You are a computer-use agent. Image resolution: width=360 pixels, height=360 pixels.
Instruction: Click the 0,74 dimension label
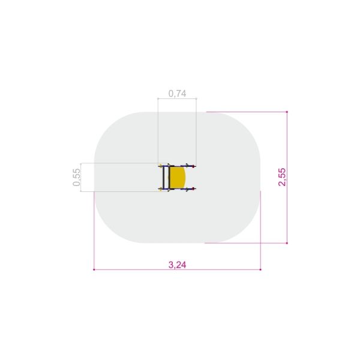177,94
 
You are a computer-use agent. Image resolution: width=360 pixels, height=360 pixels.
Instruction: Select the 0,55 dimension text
76,177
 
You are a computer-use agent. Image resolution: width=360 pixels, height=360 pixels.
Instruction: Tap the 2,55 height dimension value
282,177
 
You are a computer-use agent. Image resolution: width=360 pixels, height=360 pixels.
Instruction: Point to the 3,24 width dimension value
177,265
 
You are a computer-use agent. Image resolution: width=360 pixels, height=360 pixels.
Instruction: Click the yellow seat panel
177,177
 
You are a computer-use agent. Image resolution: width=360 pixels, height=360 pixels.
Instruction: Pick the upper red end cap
194,166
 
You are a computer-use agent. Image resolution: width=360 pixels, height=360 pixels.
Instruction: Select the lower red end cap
194,189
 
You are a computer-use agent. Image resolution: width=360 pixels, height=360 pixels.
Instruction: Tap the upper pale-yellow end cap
160,166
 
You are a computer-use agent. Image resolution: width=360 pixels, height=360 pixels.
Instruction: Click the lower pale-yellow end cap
160,189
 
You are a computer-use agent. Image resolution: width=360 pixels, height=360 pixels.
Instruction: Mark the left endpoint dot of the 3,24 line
94,269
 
